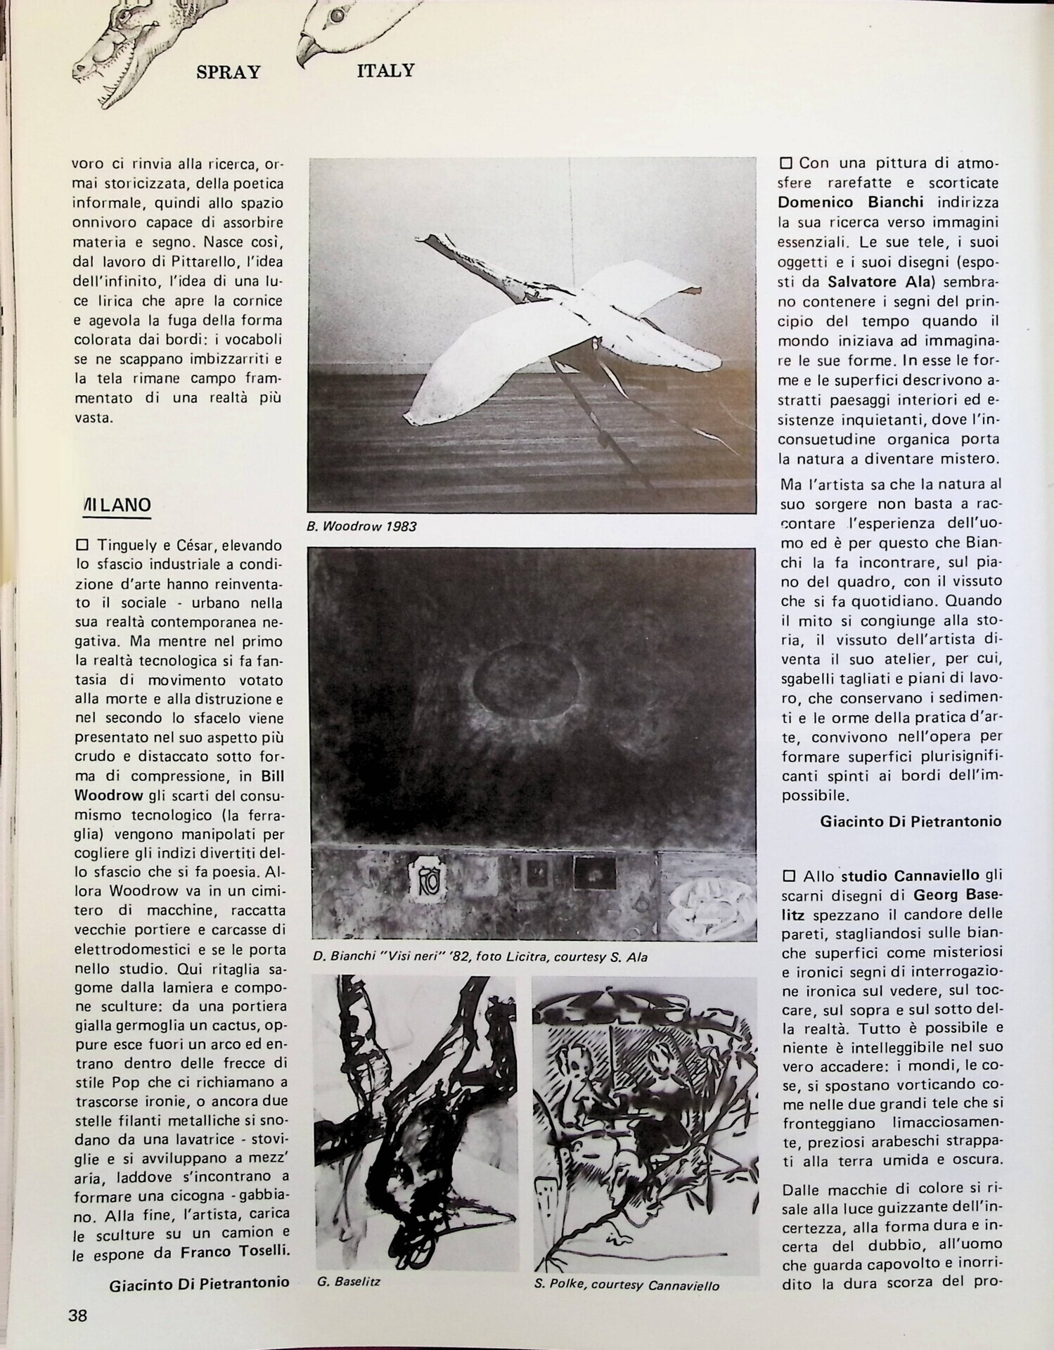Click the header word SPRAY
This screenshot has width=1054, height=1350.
tap(229, 73)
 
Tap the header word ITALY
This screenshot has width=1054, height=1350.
tap(385, 70)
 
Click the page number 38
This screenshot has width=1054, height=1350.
tap(78, 1315)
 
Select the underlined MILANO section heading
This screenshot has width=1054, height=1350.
tap(117, 505)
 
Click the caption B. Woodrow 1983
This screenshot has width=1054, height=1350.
tap(361, 526)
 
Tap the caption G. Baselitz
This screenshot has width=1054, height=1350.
tap(349, 1281)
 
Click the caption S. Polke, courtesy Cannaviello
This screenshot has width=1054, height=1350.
tap(626, 1285)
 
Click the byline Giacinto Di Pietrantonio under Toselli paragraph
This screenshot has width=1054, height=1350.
tap(199, 1282)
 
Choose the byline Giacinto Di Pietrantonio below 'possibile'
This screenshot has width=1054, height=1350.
tap(911, 821)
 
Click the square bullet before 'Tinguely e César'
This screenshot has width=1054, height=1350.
tap(81, 545)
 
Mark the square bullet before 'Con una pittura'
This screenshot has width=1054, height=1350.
tap(785, 163)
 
